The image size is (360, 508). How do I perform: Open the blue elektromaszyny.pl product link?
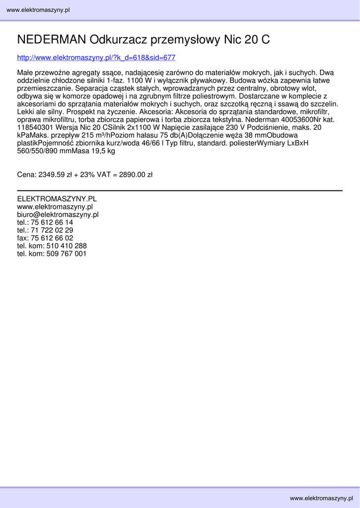96,58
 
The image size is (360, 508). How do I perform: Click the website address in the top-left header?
38,10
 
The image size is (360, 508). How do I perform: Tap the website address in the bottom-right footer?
322,498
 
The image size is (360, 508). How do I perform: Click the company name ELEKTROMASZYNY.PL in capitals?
57,199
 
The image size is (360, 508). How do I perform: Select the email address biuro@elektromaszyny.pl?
58,215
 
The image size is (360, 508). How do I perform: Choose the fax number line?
45,238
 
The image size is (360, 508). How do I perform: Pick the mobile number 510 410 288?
67,246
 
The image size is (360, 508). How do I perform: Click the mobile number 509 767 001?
67,254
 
